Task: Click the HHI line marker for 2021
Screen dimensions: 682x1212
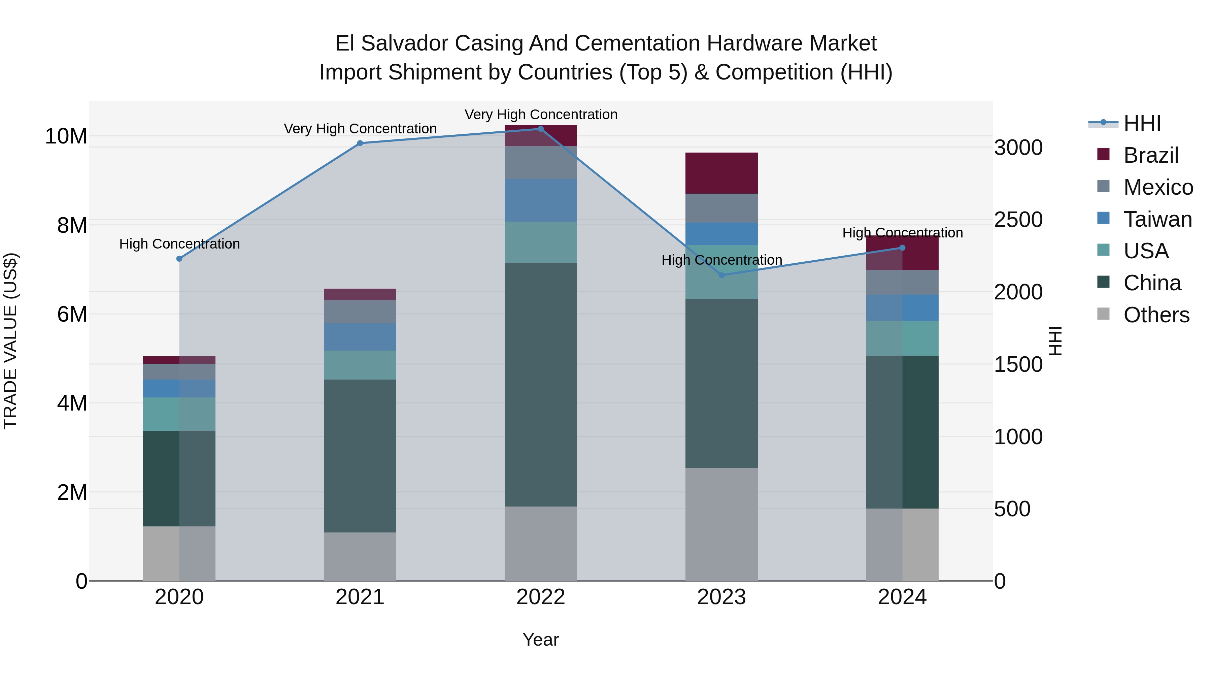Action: pos(360,143)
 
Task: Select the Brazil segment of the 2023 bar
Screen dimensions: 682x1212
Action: pos(721,173)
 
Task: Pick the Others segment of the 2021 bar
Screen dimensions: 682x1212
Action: pos(360,556)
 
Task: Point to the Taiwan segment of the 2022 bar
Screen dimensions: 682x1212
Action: pos(541,200)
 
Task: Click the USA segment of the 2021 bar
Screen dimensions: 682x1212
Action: pos(360,365)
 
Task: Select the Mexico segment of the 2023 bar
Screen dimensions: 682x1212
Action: pos(721,208)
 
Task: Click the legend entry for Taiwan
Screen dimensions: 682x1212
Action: pos(1157,219)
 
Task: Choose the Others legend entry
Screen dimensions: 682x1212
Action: pos(1156,315)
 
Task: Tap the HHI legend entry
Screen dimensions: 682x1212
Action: pos(1142,123)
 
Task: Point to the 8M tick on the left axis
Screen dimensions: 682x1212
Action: pos(72,225)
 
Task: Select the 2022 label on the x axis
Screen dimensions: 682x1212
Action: pos(541,597)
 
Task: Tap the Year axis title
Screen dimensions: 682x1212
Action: pos(541,640)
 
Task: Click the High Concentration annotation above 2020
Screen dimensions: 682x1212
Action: pos(179,244)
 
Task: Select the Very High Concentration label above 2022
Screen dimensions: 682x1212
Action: pos(541,115)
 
